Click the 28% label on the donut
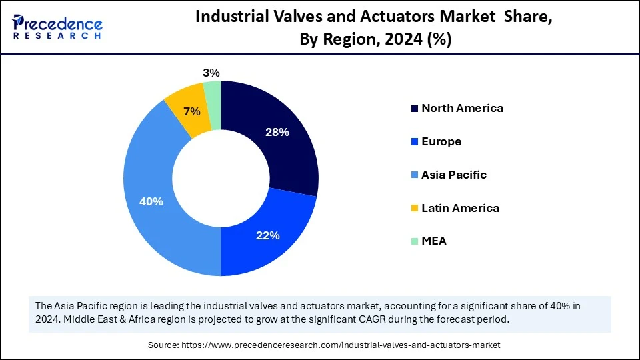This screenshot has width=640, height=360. click(276, 133)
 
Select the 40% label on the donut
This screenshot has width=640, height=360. click(151, 201)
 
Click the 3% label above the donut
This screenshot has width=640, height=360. click(211, 73)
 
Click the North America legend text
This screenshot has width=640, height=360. click(462, 108)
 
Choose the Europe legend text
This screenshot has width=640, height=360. click(441, 141)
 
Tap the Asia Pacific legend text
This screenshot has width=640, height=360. click(454, 175)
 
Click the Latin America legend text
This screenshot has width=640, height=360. click(460, 208)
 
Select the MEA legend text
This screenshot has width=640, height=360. click(434, 241)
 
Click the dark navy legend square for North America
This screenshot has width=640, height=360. click(415, 109)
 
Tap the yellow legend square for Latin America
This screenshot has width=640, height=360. click(415, 209)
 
